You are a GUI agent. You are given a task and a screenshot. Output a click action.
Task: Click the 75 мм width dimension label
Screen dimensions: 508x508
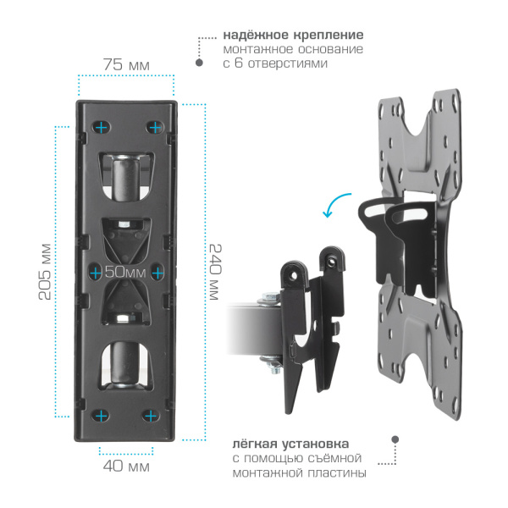point(126,64)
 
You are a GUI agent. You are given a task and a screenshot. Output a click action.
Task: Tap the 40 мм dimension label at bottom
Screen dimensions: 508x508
point(126,466)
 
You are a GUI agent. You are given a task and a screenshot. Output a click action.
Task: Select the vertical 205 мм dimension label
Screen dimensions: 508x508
point(46,272)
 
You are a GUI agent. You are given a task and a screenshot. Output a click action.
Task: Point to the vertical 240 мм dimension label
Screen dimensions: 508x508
point(215,272)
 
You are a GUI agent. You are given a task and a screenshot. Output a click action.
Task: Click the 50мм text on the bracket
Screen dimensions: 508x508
point(125,272)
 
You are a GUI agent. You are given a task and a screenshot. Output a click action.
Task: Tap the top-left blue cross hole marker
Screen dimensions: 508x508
point(102,127)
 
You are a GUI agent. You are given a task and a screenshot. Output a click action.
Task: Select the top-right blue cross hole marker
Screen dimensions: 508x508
point(155,127)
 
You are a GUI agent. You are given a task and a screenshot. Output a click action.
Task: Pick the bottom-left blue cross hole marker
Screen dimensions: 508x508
point(102,416)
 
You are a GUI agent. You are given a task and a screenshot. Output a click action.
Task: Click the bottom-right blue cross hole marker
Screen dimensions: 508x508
point(151,416)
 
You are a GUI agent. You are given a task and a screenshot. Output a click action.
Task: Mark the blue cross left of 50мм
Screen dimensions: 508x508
point(96,273)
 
